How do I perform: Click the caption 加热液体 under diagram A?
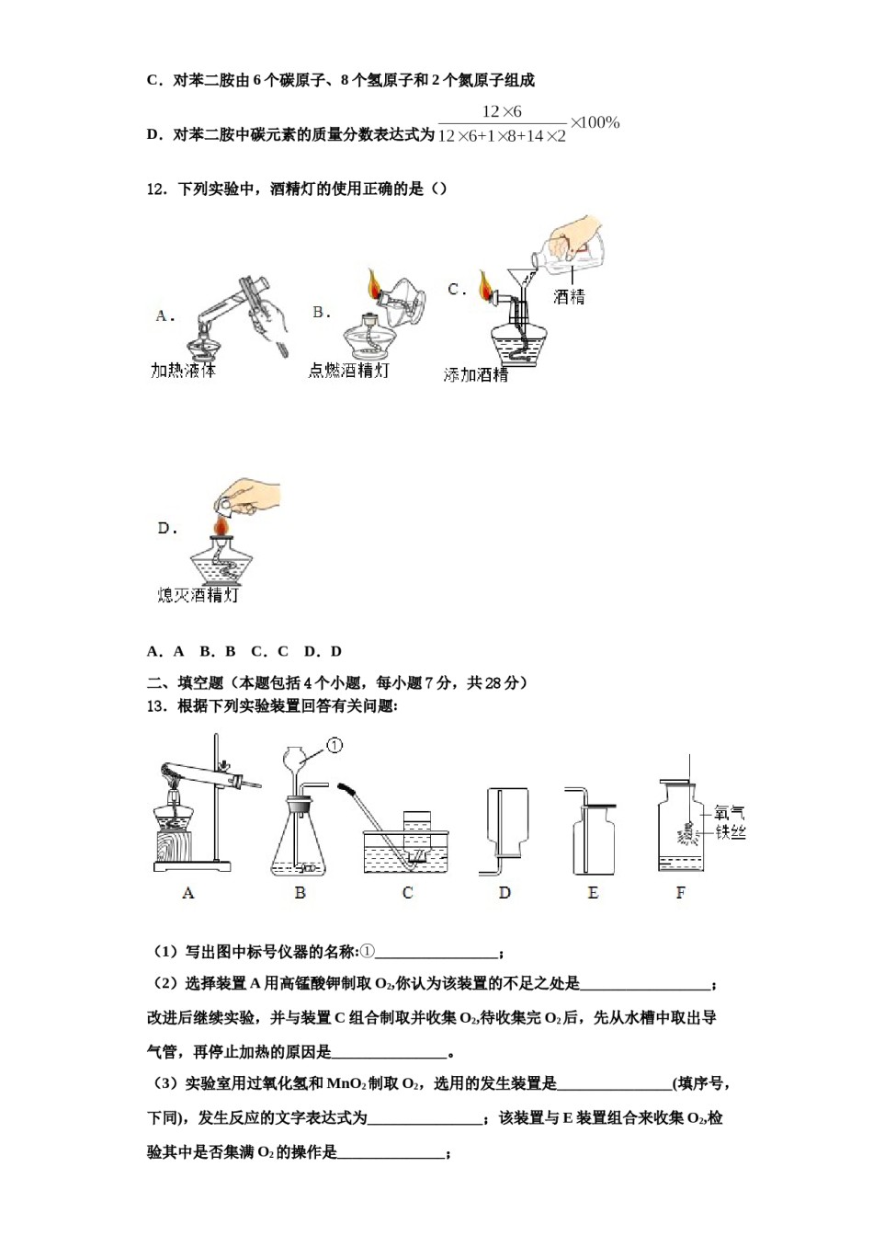coord(183,371)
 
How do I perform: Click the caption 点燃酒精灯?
coord(348,370)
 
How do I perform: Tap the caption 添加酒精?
coord(475,374)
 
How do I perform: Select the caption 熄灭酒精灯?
coord(198,595)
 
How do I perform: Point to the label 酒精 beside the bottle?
coord(569,296)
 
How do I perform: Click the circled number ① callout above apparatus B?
coord(334,745)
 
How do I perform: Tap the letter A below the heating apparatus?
coord(188,892)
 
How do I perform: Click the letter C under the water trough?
coord(407,892)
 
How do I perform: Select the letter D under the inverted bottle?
coord(505,892)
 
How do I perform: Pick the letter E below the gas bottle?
coord(593,892)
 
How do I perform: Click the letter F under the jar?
coord(680,892)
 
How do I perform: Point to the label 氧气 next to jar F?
coord(731,813)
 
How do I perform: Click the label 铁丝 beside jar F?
coord(731,832)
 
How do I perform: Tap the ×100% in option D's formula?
coord(595,122)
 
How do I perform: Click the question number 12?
coord(156,189)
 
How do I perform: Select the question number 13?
coord(156,706)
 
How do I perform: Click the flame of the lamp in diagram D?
coord(220,525)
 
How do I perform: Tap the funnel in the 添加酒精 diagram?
coord(519,257)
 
